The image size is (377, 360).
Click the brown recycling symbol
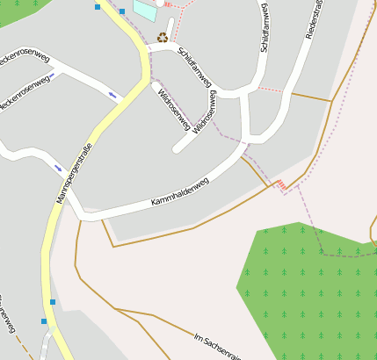(x=163, y=37)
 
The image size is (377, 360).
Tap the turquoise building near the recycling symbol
(x=145, y=11)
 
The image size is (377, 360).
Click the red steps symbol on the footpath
(x=280, y=184)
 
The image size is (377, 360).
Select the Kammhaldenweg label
(x=179, y=193)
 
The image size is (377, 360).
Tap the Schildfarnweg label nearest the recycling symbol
(x=194, y=67)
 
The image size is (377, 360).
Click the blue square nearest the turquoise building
(x=122, y=11)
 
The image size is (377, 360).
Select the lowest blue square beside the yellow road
(x=44, y=321)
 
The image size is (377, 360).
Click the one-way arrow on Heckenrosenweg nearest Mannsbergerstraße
(x=112, y=94)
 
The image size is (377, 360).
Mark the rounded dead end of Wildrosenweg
(x=178, y=148)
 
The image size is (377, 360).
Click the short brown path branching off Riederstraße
(x=309, y=96)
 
